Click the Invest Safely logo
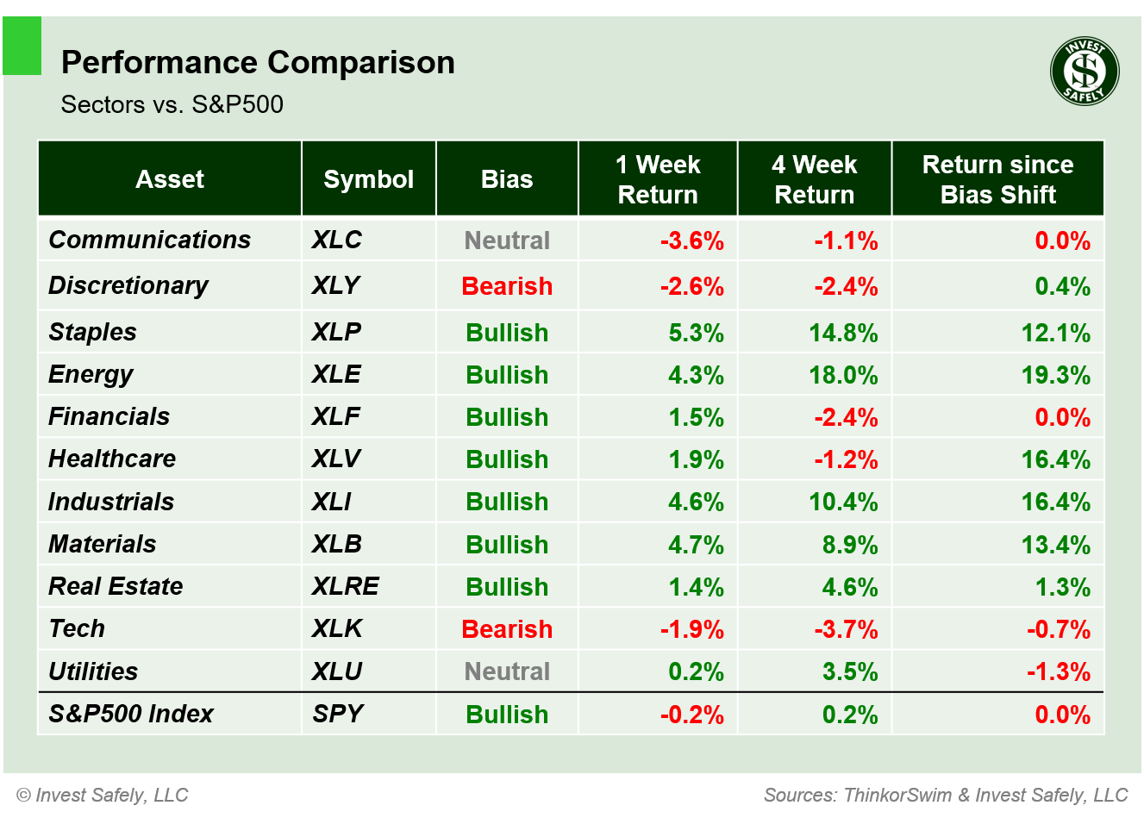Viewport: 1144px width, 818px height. tap(1085, 72)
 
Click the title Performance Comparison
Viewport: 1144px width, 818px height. tap(258, 63)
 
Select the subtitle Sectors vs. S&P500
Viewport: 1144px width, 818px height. tap(172, 104)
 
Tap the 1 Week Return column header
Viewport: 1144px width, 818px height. tap(658, 179)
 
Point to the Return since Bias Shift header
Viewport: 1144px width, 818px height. tap(997, 179)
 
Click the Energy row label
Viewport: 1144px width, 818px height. tap(91, 374)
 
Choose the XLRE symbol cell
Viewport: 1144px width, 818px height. tap(345, 586)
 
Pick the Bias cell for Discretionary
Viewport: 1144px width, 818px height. tap(507, 286)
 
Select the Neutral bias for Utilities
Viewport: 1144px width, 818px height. tap(507, 671)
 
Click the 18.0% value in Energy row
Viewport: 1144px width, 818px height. tap(843, 375)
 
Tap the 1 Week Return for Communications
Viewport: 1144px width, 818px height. tap(691, 240)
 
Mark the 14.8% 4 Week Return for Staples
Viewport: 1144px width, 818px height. tap(843, 333)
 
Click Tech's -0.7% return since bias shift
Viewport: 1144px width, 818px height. tap(1058, 629)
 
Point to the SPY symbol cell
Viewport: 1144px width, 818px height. tap(338, 714)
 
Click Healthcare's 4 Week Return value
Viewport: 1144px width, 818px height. tap(846, 459)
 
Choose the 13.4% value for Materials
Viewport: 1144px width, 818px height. tap(1055, 545)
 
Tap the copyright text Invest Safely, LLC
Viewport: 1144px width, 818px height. tap(103, 795)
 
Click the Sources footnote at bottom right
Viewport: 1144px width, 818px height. tap(946, 795)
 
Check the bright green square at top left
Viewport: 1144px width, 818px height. tap(22, 46)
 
